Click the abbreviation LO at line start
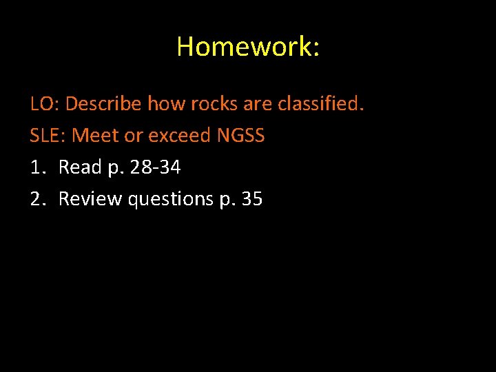(44, 105)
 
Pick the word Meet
(94, 136)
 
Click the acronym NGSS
(240, 136)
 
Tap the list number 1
(37, 167)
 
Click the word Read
(80, 167)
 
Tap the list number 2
(37, 199)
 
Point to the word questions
(172, 199)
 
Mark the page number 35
(252, 199)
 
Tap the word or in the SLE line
(133, 136)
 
